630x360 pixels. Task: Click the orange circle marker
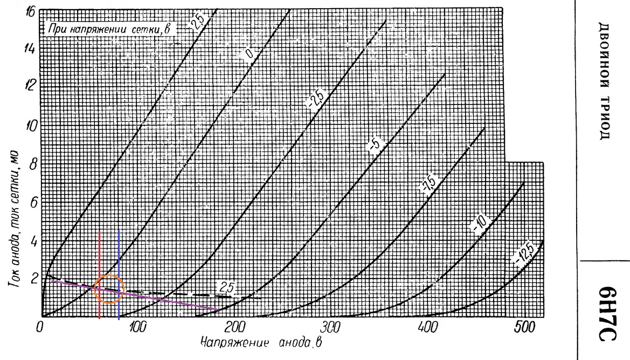point(109,289)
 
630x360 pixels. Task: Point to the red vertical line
point(99,259)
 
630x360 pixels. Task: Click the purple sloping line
point(162,300)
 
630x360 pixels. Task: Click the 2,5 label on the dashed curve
point(223,287)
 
